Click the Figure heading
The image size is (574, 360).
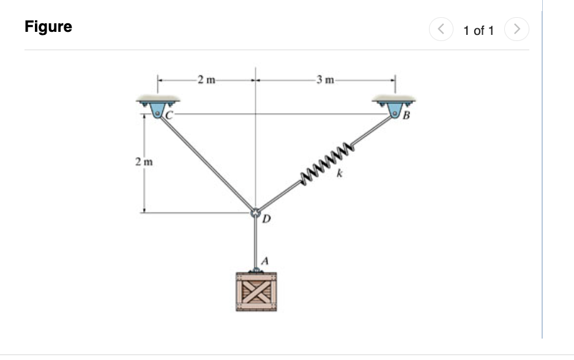click(x=48, y=27)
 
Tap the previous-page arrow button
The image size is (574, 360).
click(x=441, y=29)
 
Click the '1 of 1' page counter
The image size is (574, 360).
click(x=478, y=30)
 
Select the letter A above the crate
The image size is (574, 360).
click(x=264, y=260)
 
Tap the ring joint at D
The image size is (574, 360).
click(x=255, y=212)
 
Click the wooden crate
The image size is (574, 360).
click(x=255, y=292)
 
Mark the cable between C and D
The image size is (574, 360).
click(x=208, y=164)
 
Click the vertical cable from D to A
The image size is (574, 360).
click(x=255, y=242)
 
